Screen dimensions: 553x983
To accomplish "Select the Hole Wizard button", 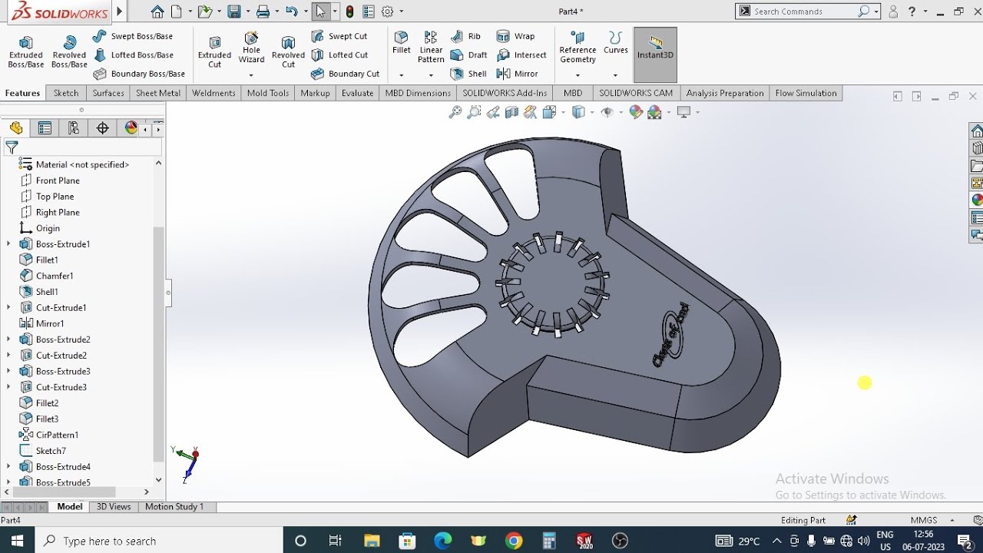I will pos(251,48).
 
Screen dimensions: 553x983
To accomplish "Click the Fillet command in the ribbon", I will pos(402,43).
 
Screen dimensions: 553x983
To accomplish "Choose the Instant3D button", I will pos(655,48).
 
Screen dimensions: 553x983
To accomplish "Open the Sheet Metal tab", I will pos(158,93).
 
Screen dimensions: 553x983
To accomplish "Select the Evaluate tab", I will pos(357,93).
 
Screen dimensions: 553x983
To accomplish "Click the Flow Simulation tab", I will pos(806,93).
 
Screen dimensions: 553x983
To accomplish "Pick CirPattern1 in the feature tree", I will pos(57,435).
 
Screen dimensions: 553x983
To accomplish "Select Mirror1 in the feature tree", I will pos(50,323).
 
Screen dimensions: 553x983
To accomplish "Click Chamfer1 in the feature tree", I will pos(55,276).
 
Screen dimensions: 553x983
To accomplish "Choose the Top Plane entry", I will pos(55,197).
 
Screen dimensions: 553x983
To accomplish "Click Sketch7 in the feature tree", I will pos(51,451).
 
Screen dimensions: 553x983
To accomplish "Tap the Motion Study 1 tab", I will pos(174,507).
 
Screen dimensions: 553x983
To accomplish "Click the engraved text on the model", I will pos(671,334).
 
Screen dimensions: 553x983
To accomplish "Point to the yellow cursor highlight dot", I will pos(865,382).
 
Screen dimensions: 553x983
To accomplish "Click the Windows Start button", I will pos(17,541).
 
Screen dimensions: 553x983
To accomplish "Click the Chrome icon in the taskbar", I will pos(514,541).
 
